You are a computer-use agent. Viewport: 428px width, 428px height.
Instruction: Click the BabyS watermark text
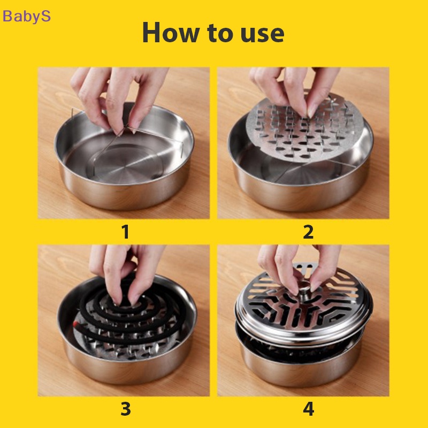click(x=27, y=16)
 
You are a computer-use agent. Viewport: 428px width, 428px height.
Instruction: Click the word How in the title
click(x=170, y=33)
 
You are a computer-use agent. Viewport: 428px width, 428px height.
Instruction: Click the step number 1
click(x=125, y=232)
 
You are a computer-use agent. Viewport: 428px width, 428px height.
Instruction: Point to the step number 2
click(x=308, y=232)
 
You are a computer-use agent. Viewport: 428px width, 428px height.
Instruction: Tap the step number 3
click(x=125, y=409)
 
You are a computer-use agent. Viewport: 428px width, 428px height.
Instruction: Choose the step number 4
click(x=308, y=409)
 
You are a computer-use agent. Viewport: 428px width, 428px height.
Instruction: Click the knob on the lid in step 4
click(x=304, y=291)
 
